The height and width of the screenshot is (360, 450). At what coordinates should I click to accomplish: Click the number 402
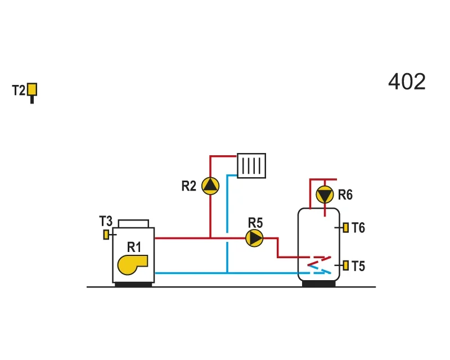pyautogui.click(x=407, y=82)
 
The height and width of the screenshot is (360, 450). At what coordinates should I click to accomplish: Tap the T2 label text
pyautogui.click(x=19, y=90)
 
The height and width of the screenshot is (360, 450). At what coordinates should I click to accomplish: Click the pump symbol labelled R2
pyautogui.click(x=210, y=186)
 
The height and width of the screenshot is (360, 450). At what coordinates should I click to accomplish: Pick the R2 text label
pyautogui.click(x=189, y=186)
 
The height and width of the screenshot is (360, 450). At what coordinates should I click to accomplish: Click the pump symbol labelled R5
pyautogui.click(x=255, y=238)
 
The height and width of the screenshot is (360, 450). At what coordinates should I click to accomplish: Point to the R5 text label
pyautogui.click(x=255, y=223)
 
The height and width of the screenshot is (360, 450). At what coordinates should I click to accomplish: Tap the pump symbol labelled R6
pyautogui.click(x=325, y=195)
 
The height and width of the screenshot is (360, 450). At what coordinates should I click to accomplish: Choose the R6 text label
pyautogui.click(x=345, y=195)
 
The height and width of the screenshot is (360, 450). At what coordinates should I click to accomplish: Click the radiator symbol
pyautogui.click(x=251, y=165)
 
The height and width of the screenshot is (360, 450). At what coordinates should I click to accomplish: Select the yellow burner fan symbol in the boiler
pyautogui.click(x=133, y=265)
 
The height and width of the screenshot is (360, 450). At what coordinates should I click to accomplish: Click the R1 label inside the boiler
pyautogui.click(x=134, y=247)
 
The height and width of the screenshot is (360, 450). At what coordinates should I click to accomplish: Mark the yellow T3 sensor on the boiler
pyautogui.click(x=106, y=235)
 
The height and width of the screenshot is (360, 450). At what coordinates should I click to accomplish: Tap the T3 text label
pyautogui.click(x=106, y=221)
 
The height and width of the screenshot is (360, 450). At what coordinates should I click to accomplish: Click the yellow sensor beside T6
pyautogui.click(x=346, y=228)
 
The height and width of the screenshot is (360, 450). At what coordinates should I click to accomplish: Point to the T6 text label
pyautogui.click(x=358, y=228)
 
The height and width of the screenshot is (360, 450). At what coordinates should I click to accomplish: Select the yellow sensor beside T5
pyautogui.click(x=346, y=265)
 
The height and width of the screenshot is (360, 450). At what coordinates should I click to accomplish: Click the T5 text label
pyautogui.click(x=358, y=266)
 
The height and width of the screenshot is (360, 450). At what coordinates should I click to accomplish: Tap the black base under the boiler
pyautogui.click(x=133, y=285)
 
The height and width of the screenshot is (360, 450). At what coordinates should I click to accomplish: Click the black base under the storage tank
pyautogui.click(x=319, y=283)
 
